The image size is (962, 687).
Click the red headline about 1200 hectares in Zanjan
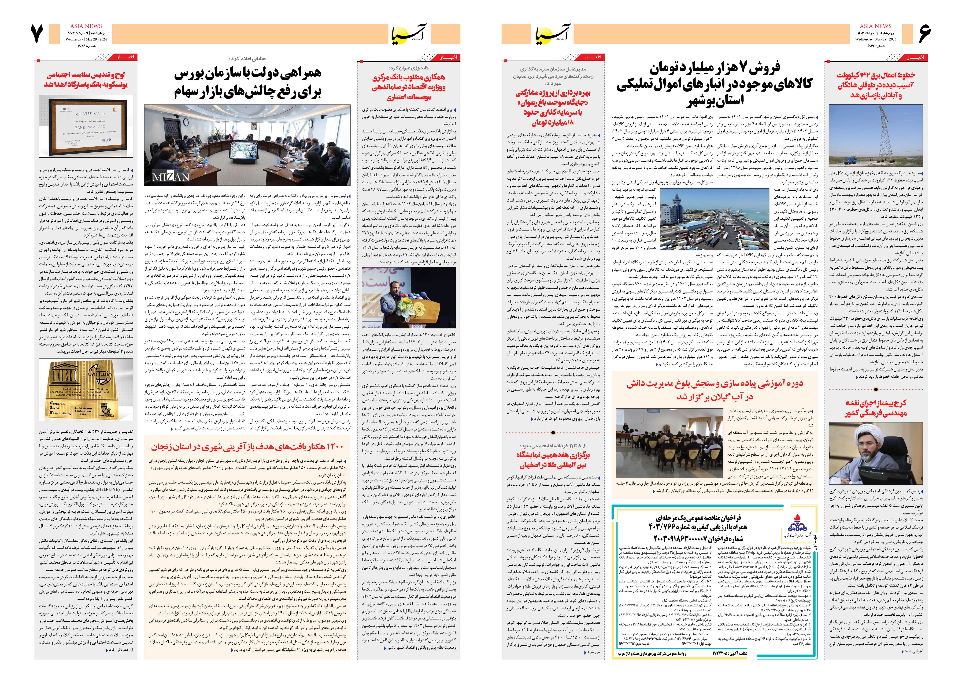[247, 447]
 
